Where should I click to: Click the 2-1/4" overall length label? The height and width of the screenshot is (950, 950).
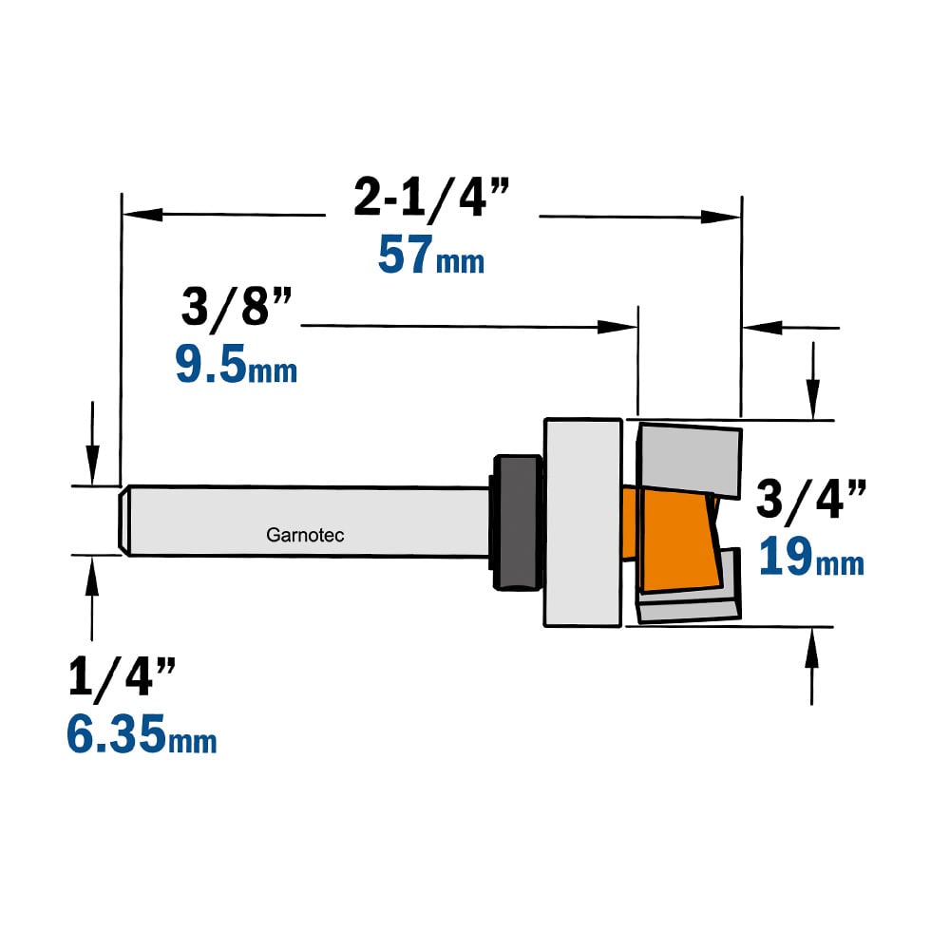(431, 197)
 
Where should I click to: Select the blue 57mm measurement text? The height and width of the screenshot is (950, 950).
(430, 255)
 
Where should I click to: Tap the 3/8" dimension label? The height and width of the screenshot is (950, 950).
(237, 307)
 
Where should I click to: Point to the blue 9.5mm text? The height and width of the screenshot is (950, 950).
(237, 364)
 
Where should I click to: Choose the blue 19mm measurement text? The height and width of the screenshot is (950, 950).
(811, 556)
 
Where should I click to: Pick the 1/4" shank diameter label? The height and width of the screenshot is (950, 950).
(123, 676)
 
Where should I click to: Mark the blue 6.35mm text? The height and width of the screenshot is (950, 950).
(142, 733)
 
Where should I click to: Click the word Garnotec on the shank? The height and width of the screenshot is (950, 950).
(305, 535)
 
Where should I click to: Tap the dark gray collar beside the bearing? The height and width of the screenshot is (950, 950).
(518, 522)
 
